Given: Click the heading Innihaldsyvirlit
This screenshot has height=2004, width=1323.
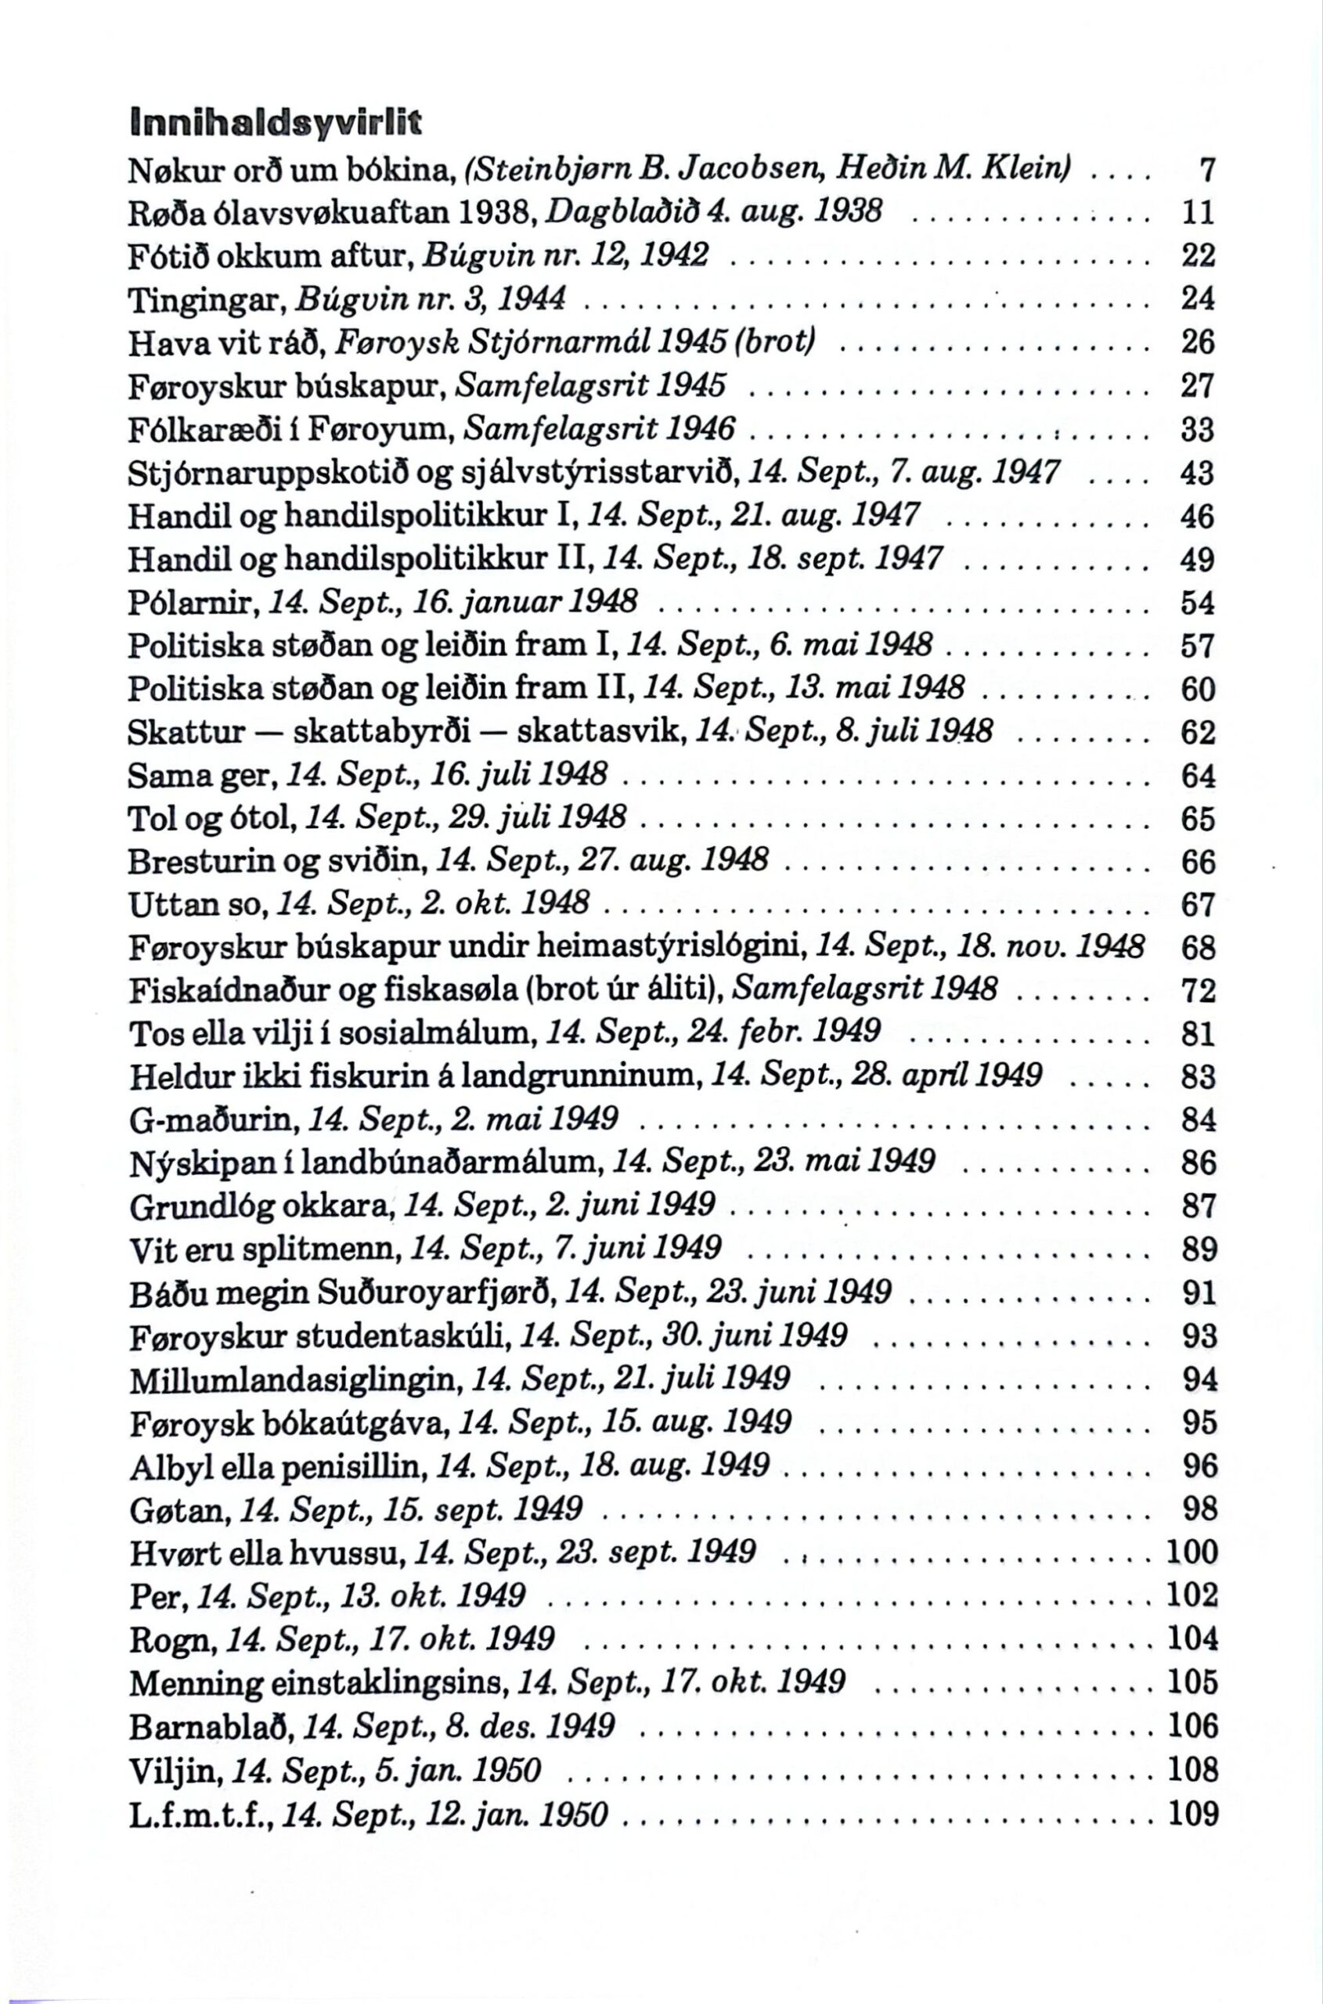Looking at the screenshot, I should click(x=274, y=126).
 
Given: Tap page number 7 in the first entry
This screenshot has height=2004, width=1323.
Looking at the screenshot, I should click(x=1206, y=171).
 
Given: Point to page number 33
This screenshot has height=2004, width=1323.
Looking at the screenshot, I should click(x=1197, y=431).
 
